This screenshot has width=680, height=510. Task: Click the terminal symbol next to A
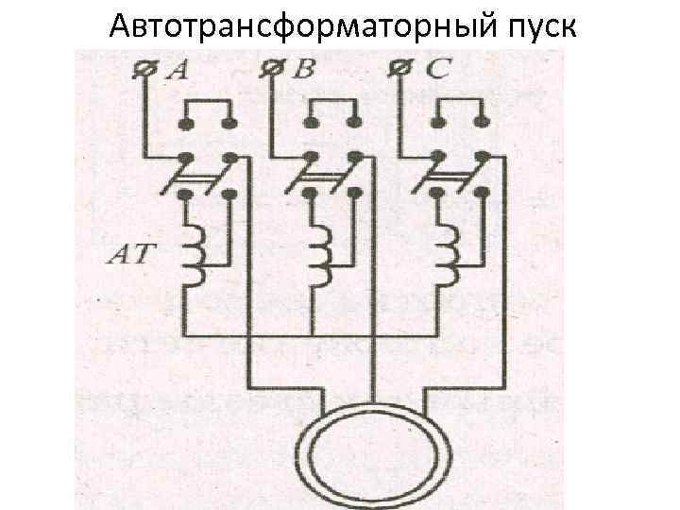coord(146,69)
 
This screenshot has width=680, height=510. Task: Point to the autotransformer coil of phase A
coord(194,255)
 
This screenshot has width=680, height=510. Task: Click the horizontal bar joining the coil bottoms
coord(312,335)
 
